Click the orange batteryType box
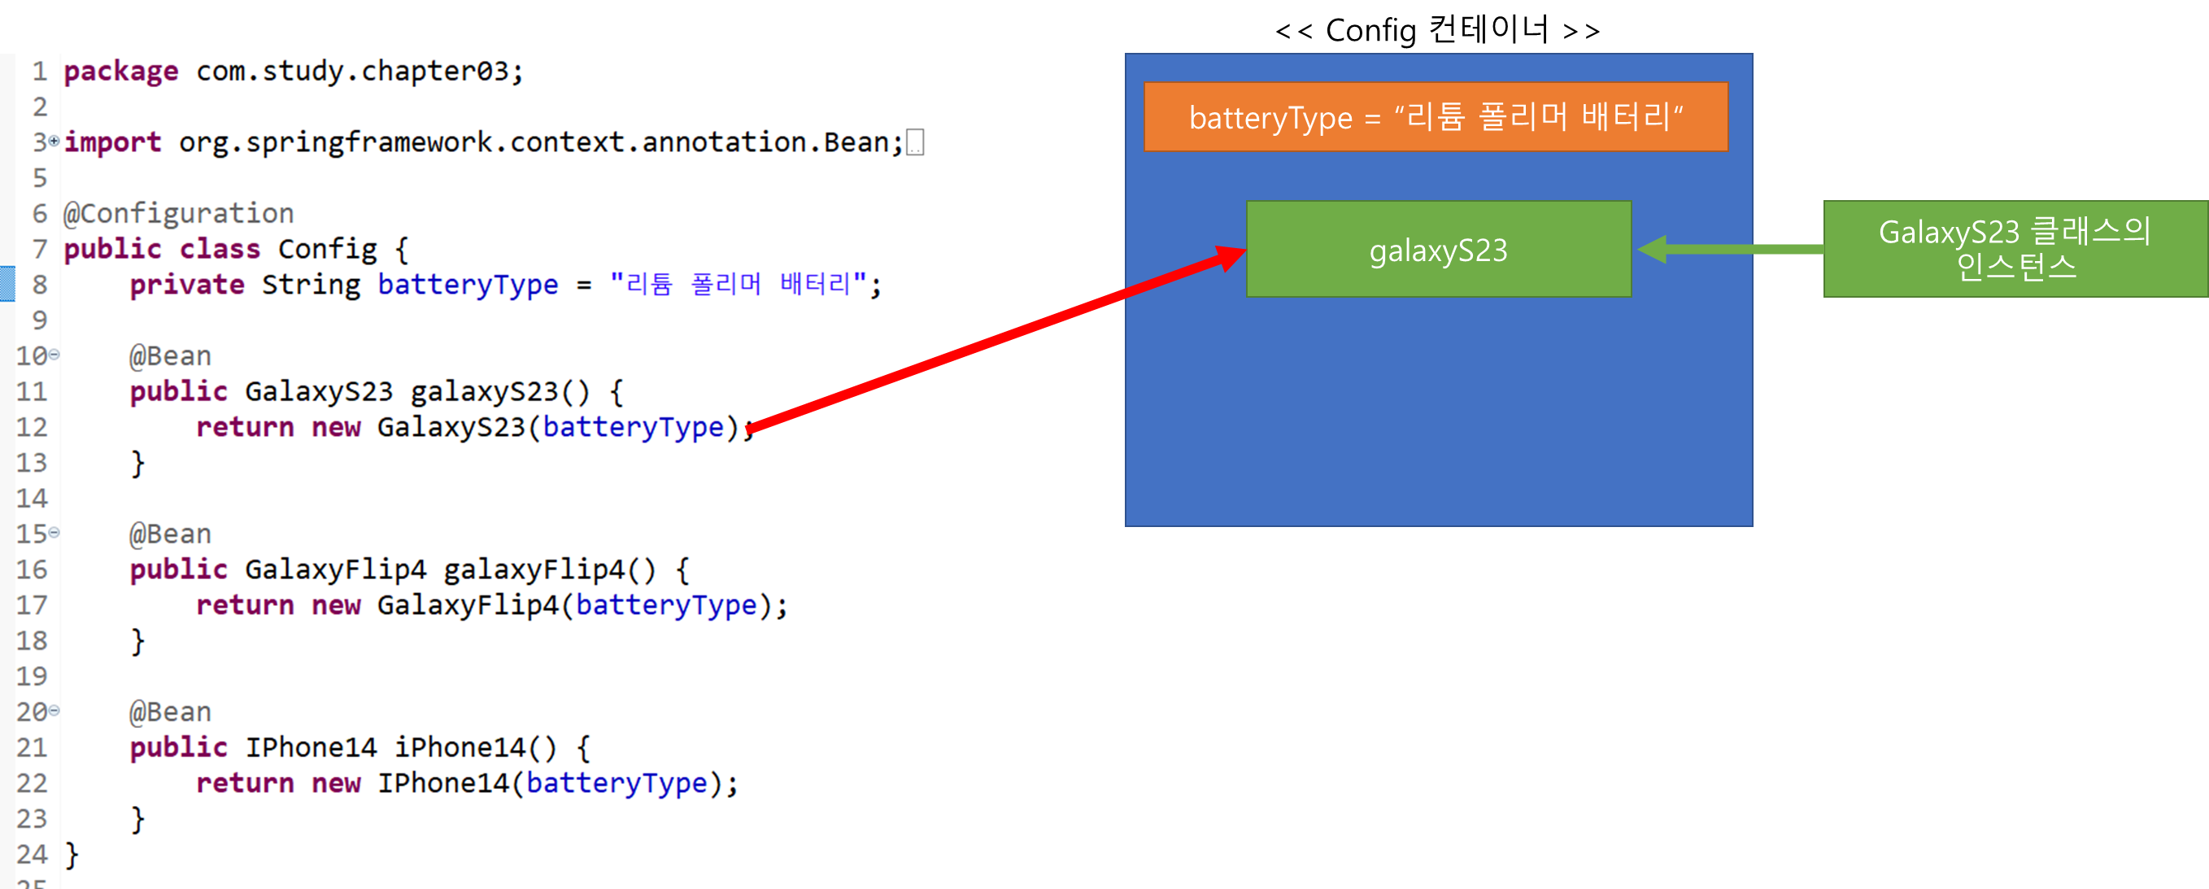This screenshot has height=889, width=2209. click(1436, 117)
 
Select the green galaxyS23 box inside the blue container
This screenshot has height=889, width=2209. click(1438, 250)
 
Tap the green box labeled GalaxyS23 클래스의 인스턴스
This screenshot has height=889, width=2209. click(2015, 249)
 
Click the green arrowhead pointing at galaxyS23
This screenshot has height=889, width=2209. click(1653, 250)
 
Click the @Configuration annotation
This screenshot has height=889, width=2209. click(178, 212)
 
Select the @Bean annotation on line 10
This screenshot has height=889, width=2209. click(170, 355)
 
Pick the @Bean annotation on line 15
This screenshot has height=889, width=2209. click(170, 534)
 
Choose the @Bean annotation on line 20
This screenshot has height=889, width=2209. click(170, 712)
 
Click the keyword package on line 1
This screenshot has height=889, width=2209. click(121, 71)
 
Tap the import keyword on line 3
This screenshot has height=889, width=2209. click(112, 142)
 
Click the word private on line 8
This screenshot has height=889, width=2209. click(187, 285)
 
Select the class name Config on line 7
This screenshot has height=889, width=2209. click(327, 249)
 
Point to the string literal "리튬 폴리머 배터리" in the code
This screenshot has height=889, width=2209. click(739, 284)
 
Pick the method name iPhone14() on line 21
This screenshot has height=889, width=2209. click(475, 747)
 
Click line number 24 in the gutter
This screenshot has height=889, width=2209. click(32, 854)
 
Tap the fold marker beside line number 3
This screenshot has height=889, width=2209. click(54, 141)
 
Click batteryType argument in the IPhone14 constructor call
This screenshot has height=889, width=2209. click(617, 782)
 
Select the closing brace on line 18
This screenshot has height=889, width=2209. click(137, 641)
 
